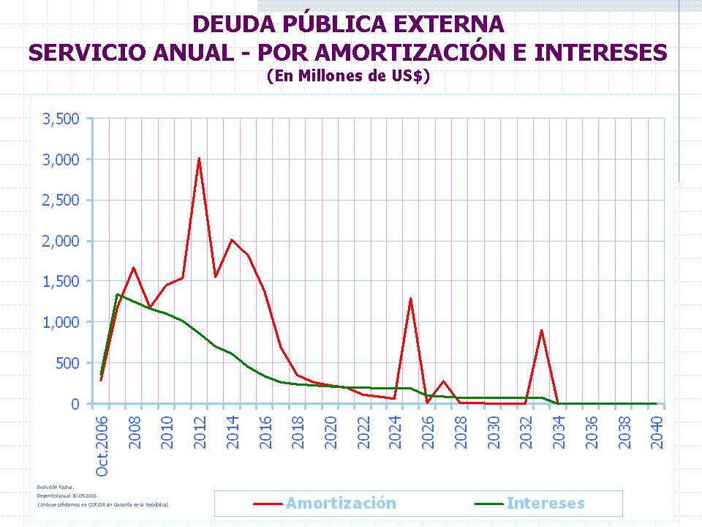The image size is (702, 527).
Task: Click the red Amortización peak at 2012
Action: click(199, 159)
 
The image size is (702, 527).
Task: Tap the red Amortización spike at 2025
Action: click(411, 299)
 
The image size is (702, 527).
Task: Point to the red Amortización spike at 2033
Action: click(542, 330)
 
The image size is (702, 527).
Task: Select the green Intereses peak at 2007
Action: click(117, 294)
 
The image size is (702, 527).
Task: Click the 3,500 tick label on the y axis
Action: click(61, 119)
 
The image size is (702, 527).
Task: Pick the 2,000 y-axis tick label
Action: click(61, 241)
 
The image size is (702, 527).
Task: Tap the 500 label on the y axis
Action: click(68, 363)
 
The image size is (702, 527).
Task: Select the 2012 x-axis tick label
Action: click(200, 433)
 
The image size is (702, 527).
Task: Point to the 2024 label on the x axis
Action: click(396, 433)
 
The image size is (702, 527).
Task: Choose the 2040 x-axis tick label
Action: click(657, 433)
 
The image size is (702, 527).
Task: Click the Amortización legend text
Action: click(341, 504)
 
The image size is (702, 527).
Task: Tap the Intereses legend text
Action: click(546, 504)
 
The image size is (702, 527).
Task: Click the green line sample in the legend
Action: click(485, 504)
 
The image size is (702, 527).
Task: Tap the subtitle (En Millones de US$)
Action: click(347, 75)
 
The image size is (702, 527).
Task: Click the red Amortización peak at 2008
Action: click(133, 268)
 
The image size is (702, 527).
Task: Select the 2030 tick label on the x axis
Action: click(494, 433)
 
